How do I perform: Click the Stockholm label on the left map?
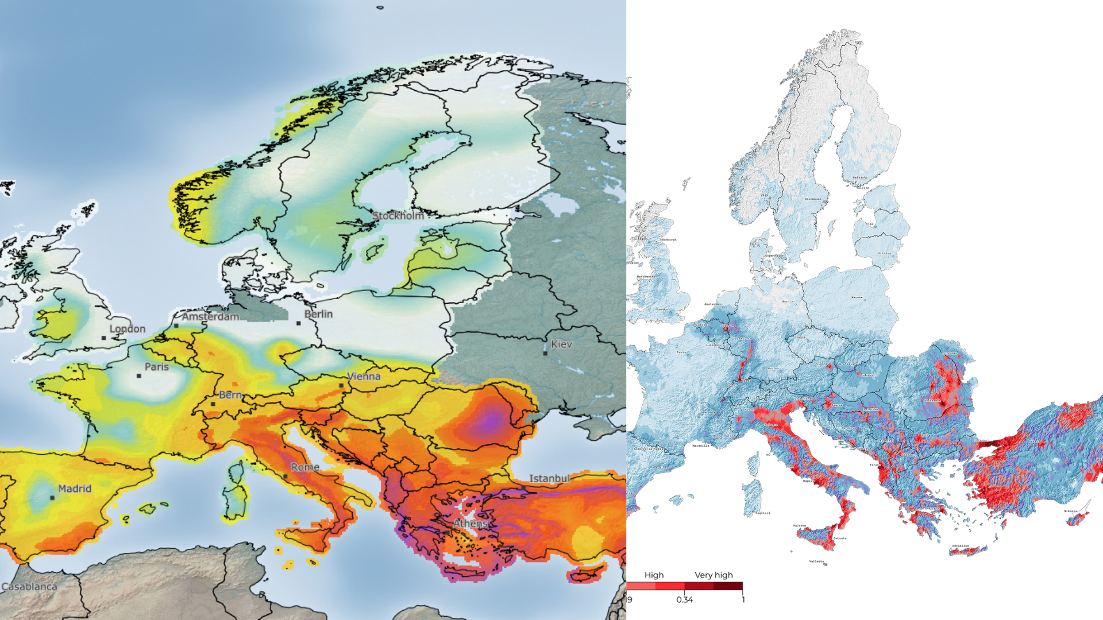coord(398,216)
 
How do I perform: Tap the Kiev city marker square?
coord(545,353)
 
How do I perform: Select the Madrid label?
coord(75,489)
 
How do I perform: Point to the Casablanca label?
coord(29,587)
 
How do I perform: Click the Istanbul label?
coord(549,478)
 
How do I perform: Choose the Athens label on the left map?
coord(470,524)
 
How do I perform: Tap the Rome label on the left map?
coord(305,467)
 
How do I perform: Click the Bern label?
coord(230,395)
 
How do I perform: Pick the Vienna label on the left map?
coord(364,377)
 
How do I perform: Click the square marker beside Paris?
coord(139,376)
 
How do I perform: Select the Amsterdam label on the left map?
coord(210,316)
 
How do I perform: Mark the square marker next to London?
coord(104,338)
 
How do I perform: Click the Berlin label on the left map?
coord(318,314)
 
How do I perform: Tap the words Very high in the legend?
coord(714,575)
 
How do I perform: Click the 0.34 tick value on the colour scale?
coord(684,599)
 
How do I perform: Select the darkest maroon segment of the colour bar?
coord(728,586)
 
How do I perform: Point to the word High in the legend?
coord(654,575)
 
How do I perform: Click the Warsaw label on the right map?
coord(857,298)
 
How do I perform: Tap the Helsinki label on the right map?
coord(860,178)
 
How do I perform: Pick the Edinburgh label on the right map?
coord(668,239)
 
